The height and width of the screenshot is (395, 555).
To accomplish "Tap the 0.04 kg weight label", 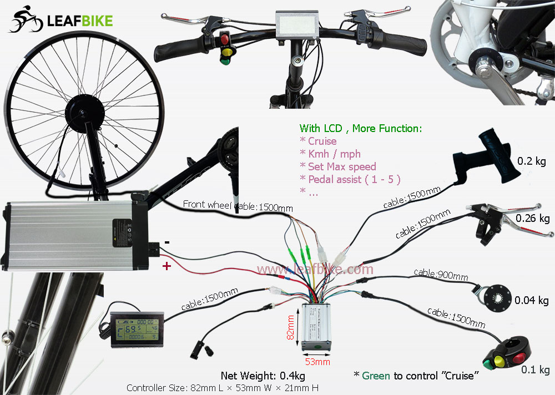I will (x=531, y=301).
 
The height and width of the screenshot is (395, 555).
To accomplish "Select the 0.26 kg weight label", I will (x=532, y=218).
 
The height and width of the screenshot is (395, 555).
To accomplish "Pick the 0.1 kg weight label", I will (x=535, y=370).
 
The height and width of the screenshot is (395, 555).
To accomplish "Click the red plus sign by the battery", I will (x=166, y=267).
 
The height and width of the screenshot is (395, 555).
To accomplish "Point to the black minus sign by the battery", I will (x=167, y=242).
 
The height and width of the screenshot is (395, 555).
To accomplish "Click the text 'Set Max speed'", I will (x=342, y=166).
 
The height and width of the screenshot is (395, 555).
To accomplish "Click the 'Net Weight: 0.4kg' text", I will (x=263, y=376).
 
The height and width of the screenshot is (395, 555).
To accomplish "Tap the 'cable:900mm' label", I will (x=441, y=274).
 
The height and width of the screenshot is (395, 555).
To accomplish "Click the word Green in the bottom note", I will (x=376, y=376).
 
